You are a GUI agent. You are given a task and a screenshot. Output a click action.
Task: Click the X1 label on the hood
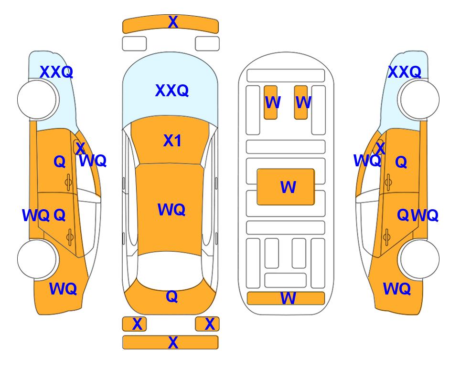tap(172, 141)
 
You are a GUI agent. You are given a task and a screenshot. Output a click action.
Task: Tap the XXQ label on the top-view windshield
tap(171, 90)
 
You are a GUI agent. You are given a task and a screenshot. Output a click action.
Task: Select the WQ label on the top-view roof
tap(171, 209)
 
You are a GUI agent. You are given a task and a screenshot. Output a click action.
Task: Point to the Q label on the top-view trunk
tap(172, 296)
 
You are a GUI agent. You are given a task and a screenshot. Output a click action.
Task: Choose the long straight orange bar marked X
tap(171, 342)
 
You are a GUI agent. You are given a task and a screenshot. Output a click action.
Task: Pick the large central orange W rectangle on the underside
tap(286, 187)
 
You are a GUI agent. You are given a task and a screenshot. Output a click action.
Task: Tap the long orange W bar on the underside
tap(286, 298)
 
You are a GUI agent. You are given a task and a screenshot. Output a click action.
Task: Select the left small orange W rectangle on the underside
tap(271, 102)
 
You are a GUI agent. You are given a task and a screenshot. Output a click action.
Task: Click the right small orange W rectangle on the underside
tap(301, 102)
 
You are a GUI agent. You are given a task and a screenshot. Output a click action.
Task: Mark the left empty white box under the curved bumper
tap(134, 44)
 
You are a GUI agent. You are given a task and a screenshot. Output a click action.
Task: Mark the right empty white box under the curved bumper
tap(207, 44)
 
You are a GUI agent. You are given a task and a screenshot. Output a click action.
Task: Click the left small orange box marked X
tap(134, 324)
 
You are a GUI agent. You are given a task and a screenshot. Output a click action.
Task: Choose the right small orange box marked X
tap(207, 324)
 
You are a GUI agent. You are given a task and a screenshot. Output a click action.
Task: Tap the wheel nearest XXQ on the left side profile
tap(37, 100)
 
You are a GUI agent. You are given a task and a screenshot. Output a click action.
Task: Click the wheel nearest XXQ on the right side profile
tap(419, 100)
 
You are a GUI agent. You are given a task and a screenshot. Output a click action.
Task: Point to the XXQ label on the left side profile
tap(56, 72)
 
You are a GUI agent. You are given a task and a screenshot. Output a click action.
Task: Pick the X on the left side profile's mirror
tap(80, 148)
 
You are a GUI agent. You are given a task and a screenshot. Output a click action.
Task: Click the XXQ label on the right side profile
tap(405, 72)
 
